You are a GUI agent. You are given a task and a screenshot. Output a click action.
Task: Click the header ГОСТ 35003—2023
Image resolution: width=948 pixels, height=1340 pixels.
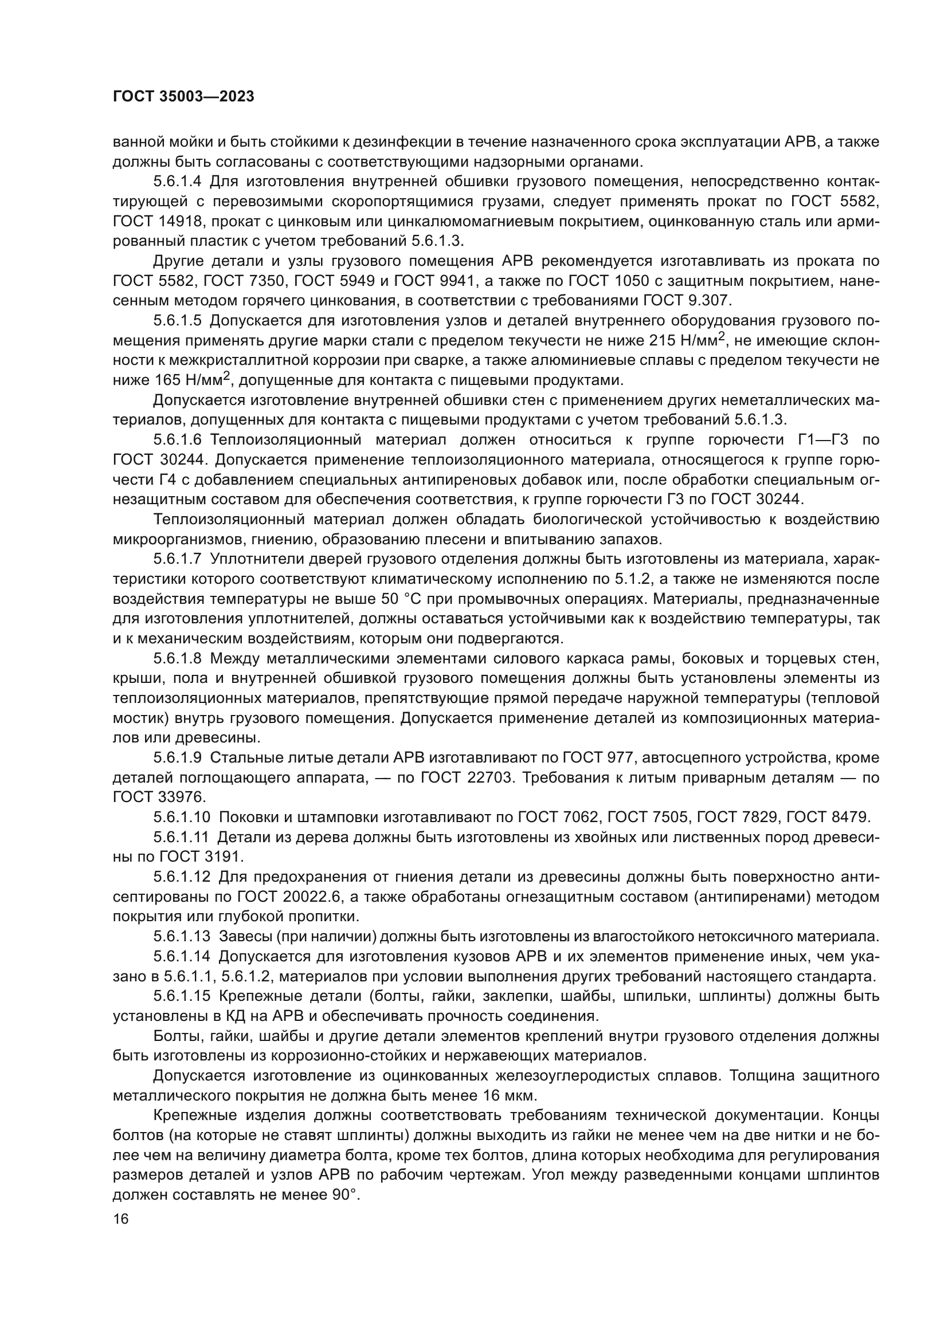(183, 97)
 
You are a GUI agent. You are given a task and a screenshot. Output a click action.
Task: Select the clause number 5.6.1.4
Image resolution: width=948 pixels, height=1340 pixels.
(178, 182)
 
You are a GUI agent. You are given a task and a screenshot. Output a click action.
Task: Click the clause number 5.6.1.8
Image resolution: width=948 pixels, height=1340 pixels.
(178, 659)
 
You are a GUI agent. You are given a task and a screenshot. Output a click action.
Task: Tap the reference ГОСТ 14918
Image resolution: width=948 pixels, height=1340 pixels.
(154, 221)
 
